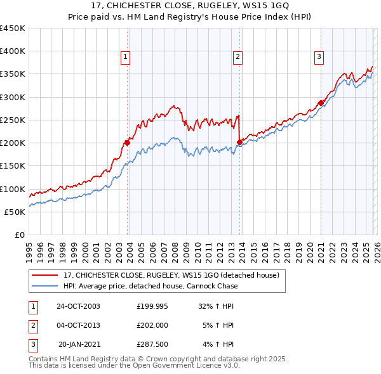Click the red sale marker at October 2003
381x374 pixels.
[128, 143]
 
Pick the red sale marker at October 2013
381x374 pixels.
[239, 142]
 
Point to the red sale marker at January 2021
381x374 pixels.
[321, 103]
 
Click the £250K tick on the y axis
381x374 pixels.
[13, 120]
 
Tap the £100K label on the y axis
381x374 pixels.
[13, 189]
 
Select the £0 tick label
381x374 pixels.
[19, 235]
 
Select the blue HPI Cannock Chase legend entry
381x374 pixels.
[150, 286]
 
